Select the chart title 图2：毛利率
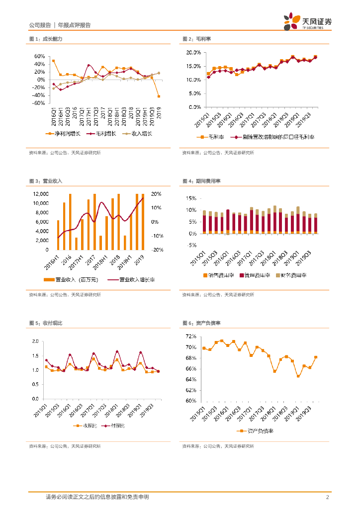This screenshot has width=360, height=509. pyautogui.click(x=196, y=39)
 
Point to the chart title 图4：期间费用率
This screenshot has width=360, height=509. pyautogui.click(x=199, y=182)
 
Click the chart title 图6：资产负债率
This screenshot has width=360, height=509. pyautogui.click(x=199, y=323)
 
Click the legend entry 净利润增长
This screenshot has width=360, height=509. pyautogui.click(x=63, y=134)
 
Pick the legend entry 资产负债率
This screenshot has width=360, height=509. pyautogui.click(x=261, y=431)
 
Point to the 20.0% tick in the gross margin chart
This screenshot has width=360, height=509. pyautogui.click(x=193, y=52)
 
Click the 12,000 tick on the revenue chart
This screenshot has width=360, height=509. pyautogui.click(x=41, y=194)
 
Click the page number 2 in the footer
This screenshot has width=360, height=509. pyautogui.click(x=327, y=497)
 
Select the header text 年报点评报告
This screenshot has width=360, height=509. pyautogui.click(x=74, y=25)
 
